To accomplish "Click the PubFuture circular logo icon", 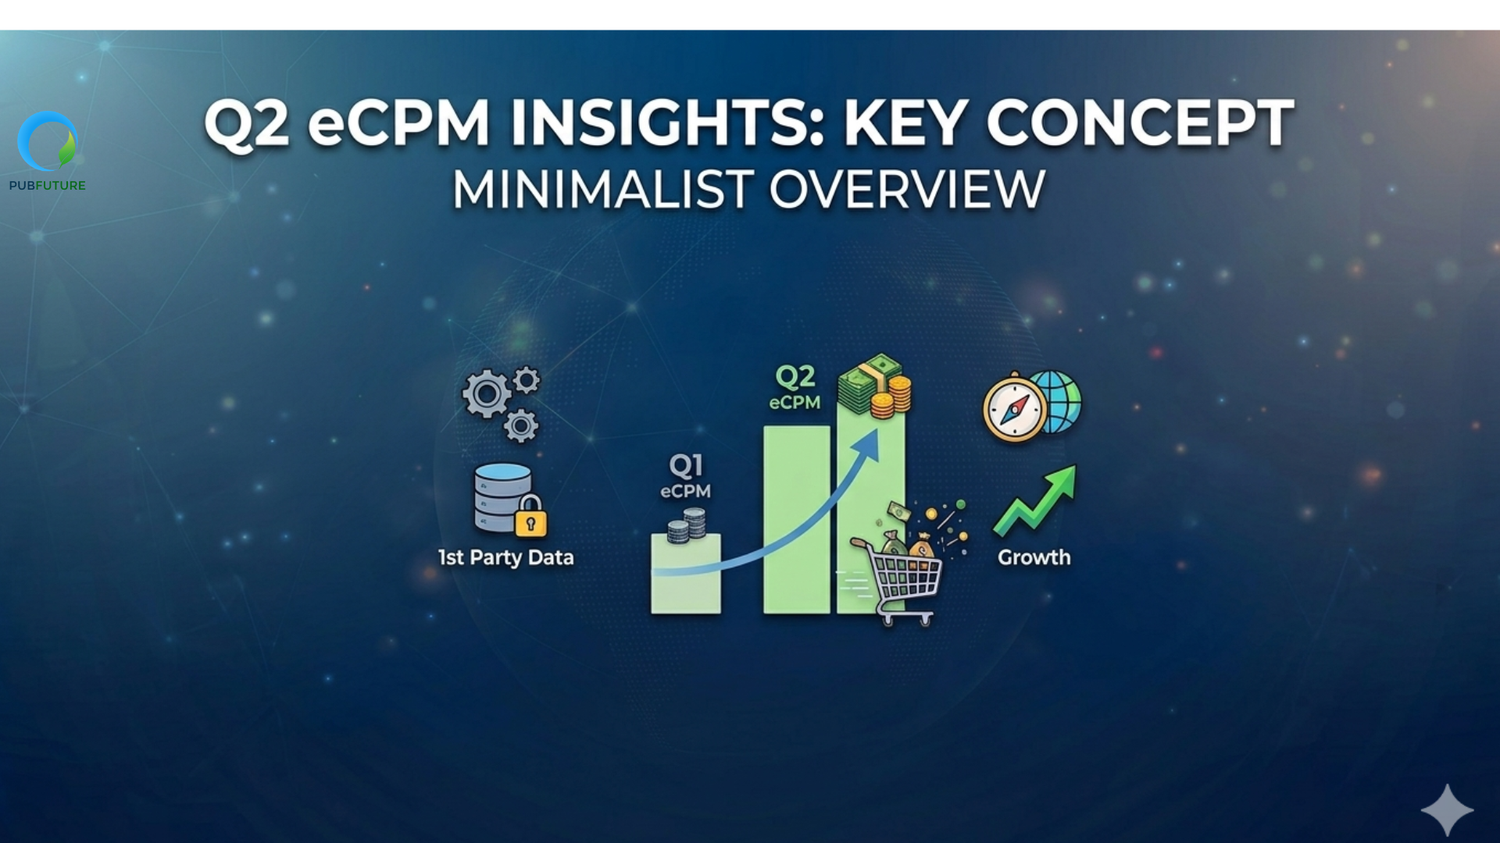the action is pos(48,140).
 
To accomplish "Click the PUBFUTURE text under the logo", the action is pos(48,186).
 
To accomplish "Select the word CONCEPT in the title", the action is pos(1141,123).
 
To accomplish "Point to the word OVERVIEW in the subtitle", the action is pos(907,190).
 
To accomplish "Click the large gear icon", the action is pos(487,393).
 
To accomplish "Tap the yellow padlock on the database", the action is pos(530,516).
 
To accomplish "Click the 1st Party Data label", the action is pos(506,557).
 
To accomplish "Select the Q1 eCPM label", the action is pos(685,476).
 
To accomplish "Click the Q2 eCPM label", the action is pos(795,388).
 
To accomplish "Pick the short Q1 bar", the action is pos(686,574).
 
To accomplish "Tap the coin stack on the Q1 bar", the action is pos(687,525).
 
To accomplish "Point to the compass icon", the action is pos(1015,407).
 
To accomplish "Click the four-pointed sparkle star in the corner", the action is pos(1447,810).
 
